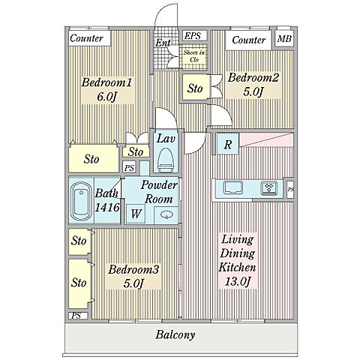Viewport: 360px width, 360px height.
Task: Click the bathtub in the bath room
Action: point(81,201)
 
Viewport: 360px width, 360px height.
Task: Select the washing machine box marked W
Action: point(136,214)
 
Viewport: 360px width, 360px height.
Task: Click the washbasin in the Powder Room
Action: point(166,214)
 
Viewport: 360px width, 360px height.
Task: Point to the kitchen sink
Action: point(233,188)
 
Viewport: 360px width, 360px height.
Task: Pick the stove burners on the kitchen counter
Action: point(268,188)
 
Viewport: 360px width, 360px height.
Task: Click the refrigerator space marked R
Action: point(227,144)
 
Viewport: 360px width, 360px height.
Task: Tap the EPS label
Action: point(193,36)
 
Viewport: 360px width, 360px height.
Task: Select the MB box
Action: point(284,39)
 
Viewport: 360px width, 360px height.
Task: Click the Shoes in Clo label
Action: point(194,56)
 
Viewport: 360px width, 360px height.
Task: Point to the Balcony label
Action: point(175,335)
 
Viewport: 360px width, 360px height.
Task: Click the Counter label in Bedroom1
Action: point(86,38)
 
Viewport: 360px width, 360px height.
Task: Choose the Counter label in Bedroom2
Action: point(249,40)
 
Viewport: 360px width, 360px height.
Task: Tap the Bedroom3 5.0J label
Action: point(133,277)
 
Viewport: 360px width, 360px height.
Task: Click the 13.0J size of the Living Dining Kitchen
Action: point(238,281)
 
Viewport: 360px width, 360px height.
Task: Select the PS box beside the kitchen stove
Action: point(290,189)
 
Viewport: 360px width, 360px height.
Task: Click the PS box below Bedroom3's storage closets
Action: point(78,316)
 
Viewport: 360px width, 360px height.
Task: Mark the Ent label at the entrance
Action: point(163,43)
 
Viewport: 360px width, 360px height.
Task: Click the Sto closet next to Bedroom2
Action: point(195,88)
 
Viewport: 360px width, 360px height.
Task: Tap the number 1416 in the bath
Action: point(107,208)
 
